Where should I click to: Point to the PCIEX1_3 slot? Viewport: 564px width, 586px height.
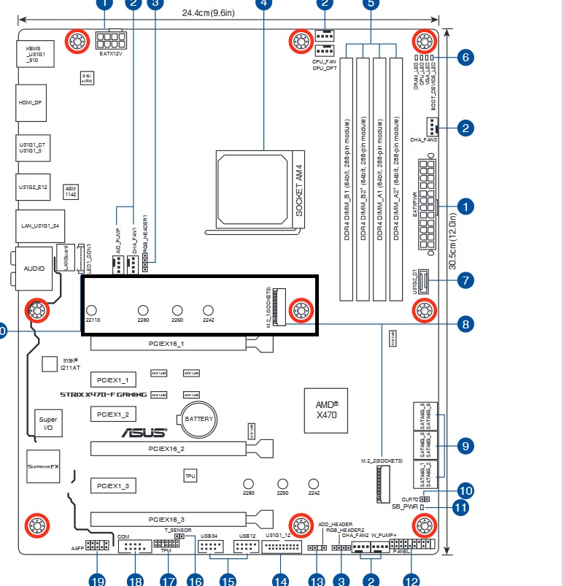(x=112, y=485)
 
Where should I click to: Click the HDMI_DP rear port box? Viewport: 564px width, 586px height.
(x=31, y=104)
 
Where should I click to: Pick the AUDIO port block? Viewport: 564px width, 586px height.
(x=34, y=268)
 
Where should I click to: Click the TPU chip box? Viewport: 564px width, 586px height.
(x=190, y=476)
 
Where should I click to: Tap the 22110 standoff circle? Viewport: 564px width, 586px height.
(x=93, y=312)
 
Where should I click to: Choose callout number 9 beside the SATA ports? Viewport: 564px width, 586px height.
(x=464, y=444)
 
